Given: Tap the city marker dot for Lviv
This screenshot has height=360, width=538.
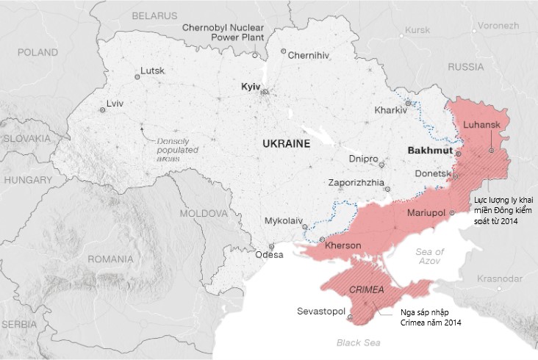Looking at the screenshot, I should [102, 110].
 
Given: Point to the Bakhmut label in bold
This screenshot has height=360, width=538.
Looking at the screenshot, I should [430, 149].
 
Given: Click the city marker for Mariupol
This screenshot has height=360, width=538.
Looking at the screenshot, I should [453, 213].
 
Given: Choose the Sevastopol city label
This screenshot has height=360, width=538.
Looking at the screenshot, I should [321, 312].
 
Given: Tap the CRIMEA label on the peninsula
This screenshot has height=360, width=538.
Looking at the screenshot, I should [367, 289].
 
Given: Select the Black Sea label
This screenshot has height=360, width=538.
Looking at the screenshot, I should [358, 342].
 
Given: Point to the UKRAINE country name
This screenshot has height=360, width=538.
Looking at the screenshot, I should [286, 145].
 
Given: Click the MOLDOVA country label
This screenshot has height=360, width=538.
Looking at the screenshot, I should [204, 213].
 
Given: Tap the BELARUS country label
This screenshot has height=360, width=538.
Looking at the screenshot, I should [154, 15].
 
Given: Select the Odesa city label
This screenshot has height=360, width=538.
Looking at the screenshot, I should [268, 256].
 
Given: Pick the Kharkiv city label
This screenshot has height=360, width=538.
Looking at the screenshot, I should [390, 110].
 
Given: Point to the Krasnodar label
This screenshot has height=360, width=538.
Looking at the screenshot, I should [499, 278].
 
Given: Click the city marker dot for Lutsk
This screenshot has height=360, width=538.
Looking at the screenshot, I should [136, 77].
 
